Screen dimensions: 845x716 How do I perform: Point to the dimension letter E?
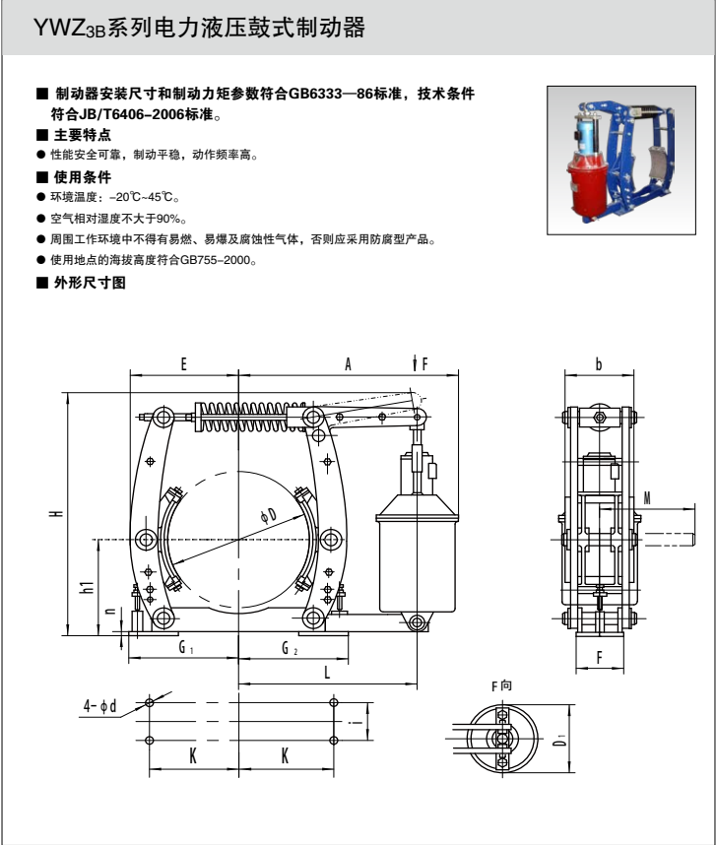pyautogui.click(x=184, y=364)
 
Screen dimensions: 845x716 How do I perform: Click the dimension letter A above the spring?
pyautogui.click(x=348, y=364)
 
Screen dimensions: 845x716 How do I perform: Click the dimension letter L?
pyautogui.click(x=327, y=672)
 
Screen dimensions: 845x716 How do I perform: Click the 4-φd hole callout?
pyautogui.click(x=100, y=705)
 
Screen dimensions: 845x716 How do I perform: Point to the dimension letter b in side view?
pyautogui.click(x=599, y=364)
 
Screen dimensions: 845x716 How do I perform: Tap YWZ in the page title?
pyautogui.click(x=57, y=29)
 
